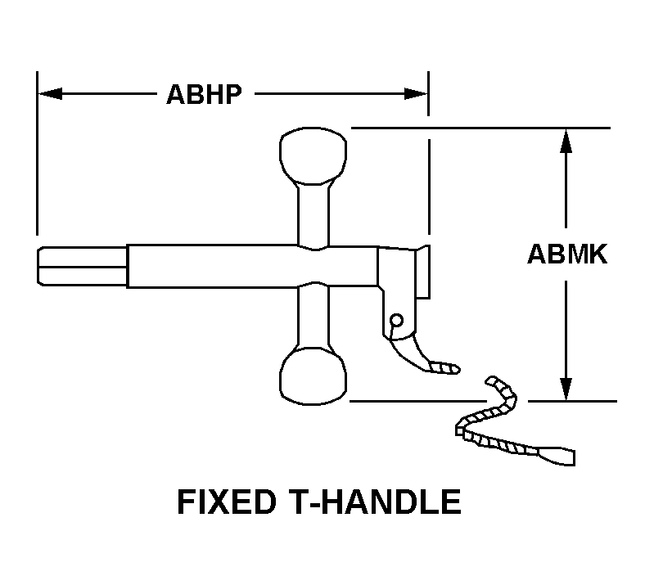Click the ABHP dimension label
point(204,95)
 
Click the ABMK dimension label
point(567,254)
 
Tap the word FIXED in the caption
point(226,502)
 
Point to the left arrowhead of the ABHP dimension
point(50,94)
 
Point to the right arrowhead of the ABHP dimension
point(416,94)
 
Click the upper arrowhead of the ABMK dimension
point(566,141)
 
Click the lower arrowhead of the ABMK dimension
point(566,389)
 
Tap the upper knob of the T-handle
point(313,155)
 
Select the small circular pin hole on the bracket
point(396,320)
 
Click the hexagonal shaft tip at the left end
point(82,266)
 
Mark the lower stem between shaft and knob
point(313,316)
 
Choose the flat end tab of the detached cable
point(557,456)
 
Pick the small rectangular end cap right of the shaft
point(423,272)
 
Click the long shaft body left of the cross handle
point(212,266)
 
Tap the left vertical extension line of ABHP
point(37,153)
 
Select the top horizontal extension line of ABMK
point(480,128)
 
